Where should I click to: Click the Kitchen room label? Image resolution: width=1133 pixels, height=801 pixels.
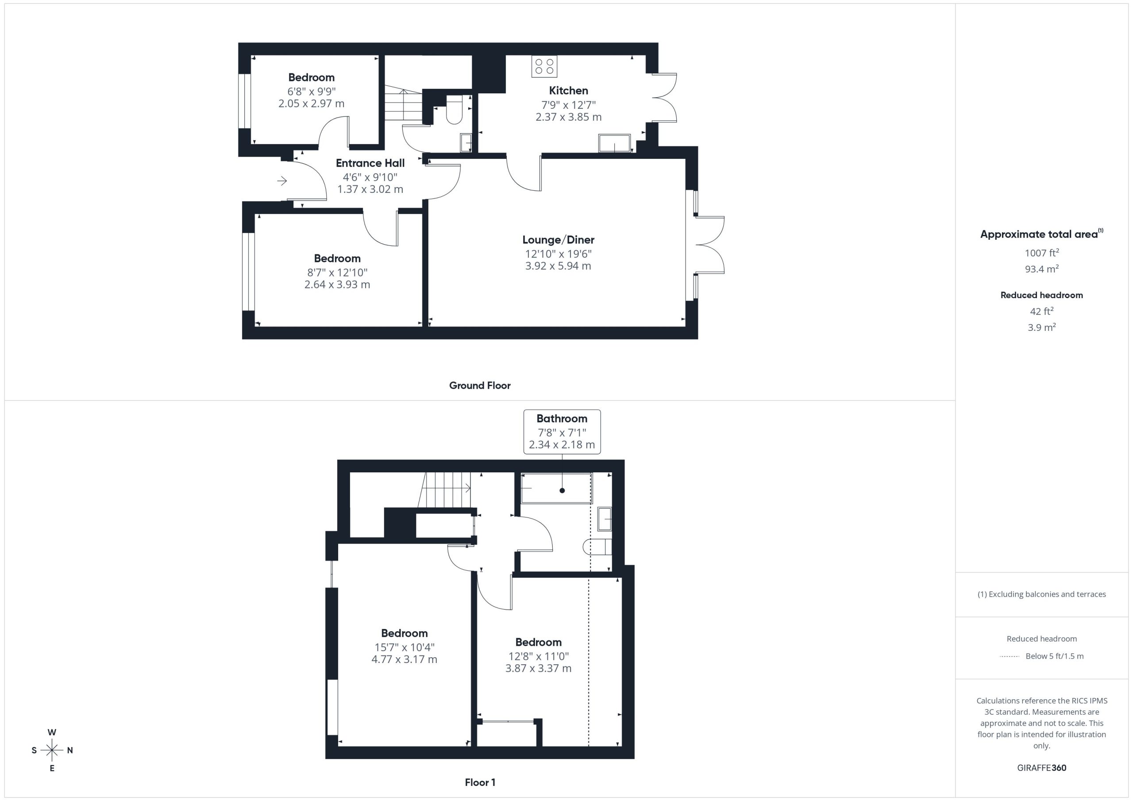click(x=568, y=91)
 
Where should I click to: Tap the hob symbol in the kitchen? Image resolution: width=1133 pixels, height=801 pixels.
click(x=544, y=66)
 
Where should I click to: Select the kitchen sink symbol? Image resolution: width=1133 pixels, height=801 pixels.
click(x=614, y=143)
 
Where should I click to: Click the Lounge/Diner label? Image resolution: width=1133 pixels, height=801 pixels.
click(x=558, y=240)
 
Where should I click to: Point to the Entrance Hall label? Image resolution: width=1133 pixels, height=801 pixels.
click(x=370, y=163)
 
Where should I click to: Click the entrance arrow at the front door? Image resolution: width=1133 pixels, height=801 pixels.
click(x=282, y=181)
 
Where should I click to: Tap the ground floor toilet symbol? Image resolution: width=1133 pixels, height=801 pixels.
click(x=454, y=110)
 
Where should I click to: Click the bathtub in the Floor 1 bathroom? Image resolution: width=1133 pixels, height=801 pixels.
click(x=556, y=488)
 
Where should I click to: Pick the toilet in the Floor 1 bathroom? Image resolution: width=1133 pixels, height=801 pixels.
click(x=597, y=547)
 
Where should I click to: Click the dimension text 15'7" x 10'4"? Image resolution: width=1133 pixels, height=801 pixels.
click(x=404, y=647)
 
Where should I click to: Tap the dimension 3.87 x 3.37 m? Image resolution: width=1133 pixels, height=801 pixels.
click(x=538, y=668)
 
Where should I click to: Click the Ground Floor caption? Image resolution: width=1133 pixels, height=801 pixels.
click(x=480, y=386)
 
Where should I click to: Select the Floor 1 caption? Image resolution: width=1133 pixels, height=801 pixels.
click(x=480, y=782)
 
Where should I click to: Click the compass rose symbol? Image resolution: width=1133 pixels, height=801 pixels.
click(x=52, y=750)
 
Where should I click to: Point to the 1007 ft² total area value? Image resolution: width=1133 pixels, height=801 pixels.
click(x=1042, y=253)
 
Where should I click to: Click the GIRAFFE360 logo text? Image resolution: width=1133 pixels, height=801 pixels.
click(x=1042, y=768)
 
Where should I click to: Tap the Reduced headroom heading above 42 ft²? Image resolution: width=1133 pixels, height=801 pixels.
click(x=1042, y=295)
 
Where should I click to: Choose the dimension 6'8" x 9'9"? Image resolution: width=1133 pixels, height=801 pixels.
click(x=312, y=92)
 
